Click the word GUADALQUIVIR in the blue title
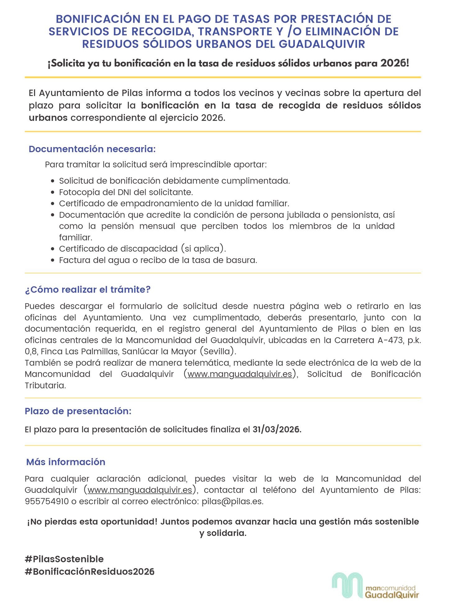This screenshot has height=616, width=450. [322, 44]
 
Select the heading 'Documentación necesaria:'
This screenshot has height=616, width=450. [92, 149]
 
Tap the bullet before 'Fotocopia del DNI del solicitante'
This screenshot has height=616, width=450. [53, 192]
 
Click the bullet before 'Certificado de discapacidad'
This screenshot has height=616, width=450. [53, 249]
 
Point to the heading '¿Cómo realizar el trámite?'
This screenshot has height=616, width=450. [88, 290]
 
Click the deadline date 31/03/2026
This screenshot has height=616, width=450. [277, 429]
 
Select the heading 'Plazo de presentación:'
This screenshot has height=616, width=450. [78, 411]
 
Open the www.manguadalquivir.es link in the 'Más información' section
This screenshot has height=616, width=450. [140, 490]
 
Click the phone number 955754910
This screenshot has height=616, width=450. [47, 501]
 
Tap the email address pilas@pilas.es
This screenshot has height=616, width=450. [232, 501]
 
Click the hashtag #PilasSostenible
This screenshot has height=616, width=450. [64, 559]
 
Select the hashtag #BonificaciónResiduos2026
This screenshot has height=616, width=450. [90, 572]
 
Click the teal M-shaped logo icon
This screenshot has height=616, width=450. [347, 585]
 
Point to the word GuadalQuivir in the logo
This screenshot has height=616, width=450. [392, 595]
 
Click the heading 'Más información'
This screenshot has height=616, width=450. [66, 462]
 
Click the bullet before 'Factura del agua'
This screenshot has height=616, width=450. [53, 260]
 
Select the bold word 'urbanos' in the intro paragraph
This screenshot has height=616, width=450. [48, 118]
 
